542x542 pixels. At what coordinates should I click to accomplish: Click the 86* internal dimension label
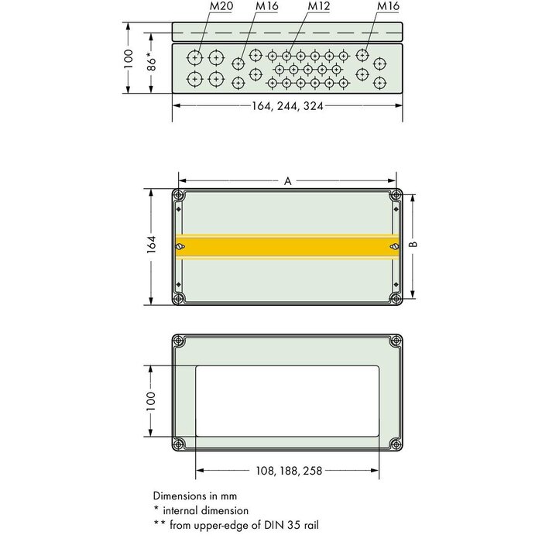pyautogui.click(x=152, y=59)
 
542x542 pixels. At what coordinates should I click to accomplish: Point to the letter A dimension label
pyautogui.click(x=287, y=180)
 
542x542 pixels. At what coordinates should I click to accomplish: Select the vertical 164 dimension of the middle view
pyautogui.click(x=152, y=245)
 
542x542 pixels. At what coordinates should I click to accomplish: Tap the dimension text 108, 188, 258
pyautogui.click(x=287, y=470)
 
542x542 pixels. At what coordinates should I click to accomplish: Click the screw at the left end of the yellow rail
pyautogui.click(x=180, y=246)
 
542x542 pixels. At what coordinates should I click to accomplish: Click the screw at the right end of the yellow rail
pyautogui.click(x=393, y=246)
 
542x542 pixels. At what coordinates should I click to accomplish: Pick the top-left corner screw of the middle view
pyautogui.click(x=180, y=194)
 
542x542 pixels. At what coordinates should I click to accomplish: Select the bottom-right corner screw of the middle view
pyautogui.click(x=395, y=298)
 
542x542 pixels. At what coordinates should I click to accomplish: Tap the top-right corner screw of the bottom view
pyautogui.click(x=395, y=341)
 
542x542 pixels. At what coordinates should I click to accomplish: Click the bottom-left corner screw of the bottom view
pyautogui.click(x=180, y=444)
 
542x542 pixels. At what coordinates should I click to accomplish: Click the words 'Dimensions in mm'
pyautogui.click(x=194, y=496)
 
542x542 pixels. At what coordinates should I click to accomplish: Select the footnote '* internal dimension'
pyautogui.click(x=201, y=510)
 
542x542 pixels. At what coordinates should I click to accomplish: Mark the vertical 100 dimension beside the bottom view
pyautogui.click(x=152, y=400)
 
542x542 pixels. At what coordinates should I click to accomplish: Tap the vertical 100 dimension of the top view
pyautogui.click(x=130, y=59)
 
